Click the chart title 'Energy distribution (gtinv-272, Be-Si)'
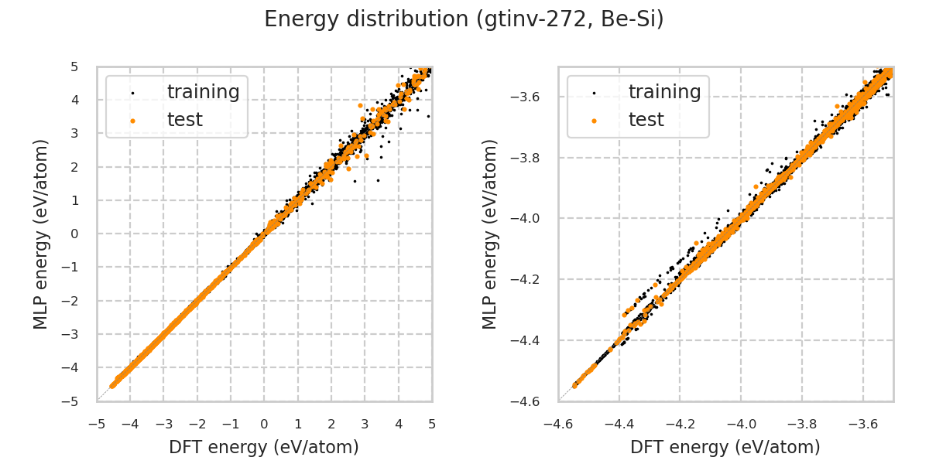click(464, 19)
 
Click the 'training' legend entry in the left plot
click(203, 92)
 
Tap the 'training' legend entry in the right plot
click(664, 92)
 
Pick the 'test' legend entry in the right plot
click(646, 120)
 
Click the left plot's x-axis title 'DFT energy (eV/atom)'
click(264, 447)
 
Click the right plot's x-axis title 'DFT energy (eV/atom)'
click(725, 447)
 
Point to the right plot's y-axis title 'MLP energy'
click(491, 234)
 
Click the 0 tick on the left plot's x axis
click(264, 424)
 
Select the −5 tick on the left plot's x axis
click(97, 424)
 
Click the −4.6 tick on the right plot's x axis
click(558, 424)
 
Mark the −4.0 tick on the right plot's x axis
click(741, 424)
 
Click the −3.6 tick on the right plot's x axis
click(862, 424)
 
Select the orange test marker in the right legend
click(594, 121)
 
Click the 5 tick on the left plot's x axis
click(432, 424)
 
